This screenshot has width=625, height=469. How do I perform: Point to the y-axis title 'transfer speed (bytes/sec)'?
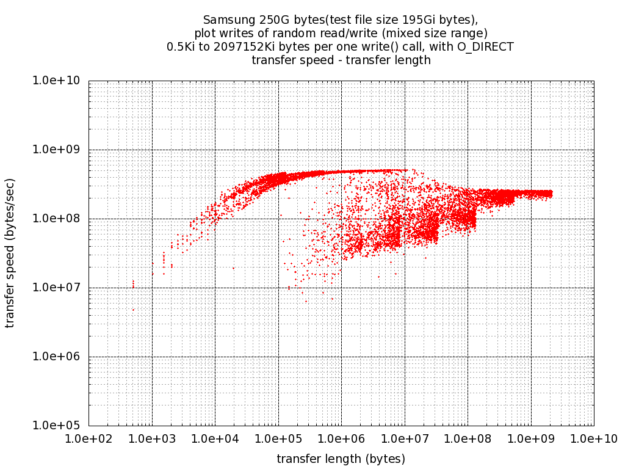(x=10, y=253)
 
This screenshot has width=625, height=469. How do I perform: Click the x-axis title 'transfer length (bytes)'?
(x=341, y=459)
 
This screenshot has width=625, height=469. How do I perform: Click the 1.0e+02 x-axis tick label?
(x=89, y=438)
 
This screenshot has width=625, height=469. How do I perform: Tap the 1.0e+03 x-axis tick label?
(x=152, y=438)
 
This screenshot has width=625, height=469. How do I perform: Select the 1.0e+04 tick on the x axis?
(x=215, y=438)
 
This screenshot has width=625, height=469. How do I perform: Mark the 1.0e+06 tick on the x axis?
(x=341, y=438)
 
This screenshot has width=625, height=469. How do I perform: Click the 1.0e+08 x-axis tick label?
(x=468, y=438)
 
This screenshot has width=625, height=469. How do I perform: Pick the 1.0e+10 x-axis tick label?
(x=593, y=438)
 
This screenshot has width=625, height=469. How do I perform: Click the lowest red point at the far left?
(x=133, y=310)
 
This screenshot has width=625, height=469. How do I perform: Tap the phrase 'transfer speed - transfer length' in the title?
(x=341, y=60)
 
